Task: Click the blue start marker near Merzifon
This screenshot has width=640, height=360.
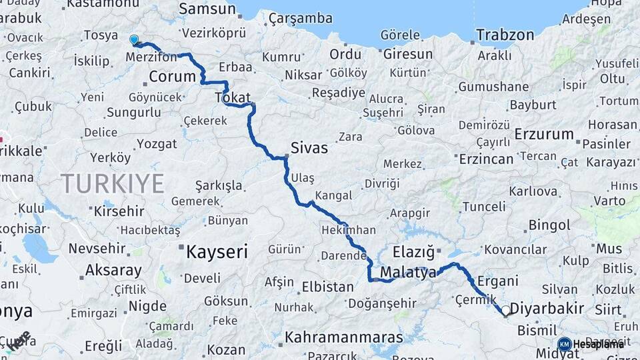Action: coord(134,40)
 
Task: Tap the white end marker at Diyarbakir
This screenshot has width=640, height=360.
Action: coord(505,310)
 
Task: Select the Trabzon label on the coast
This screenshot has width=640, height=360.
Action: coord(505,35)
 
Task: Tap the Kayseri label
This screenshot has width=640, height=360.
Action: coord(217,251)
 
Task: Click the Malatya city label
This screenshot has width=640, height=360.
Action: coord(408,272)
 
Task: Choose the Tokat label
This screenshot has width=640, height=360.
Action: coord(233,97)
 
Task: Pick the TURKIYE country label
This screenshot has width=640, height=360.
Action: coord(113,183)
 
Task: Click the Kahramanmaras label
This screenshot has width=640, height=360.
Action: coord(344,337)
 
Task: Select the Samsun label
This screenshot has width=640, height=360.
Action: coord(207,9)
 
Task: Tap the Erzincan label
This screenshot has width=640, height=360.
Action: coord(486,159)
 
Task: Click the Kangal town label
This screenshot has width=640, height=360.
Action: coord(333,195)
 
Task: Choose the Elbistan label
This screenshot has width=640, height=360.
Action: coord(328,287)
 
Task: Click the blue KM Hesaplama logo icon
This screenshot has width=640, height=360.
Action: coord(564,343)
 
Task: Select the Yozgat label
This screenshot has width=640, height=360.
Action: coord(157,143)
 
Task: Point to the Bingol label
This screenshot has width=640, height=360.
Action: coord(549,225)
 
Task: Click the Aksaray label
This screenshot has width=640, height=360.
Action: coord(113,271)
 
